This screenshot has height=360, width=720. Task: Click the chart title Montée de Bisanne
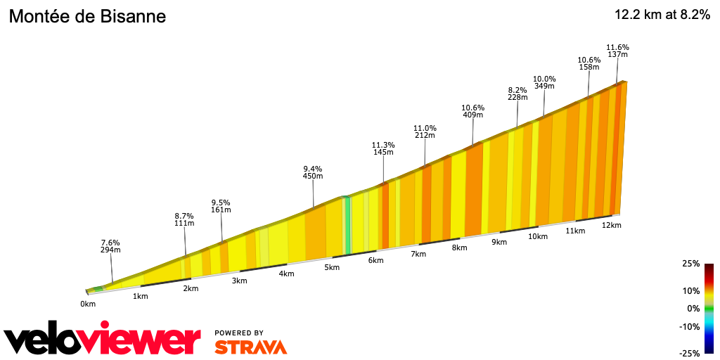(x=87, y=17)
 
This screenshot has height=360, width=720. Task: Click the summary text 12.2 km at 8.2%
(x=662, y=15)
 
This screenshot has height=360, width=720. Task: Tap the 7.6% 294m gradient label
(x=111, y=245)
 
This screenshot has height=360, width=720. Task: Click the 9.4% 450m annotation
(x=312, y=172)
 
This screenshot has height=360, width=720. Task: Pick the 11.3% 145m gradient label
(x=383, y=148)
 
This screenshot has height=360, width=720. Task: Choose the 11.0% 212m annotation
(x=425, y=131)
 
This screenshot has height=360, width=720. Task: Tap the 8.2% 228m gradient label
(x=517, y=94)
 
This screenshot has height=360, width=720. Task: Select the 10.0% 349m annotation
(x=544, y=82)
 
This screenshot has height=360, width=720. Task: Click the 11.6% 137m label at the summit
(x=617, y=51)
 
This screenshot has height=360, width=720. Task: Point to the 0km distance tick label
(x=88, y=304)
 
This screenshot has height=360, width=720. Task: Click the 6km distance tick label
(x=375, y=260)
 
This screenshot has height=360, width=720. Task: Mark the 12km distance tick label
(x=612, y=225)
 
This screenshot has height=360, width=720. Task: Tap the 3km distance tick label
(x=239, y=281)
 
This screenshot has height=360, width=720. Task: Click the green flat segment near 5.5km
(x=347, y=225)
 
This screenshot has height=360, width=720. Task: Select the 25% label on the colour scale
(x=691, y=264)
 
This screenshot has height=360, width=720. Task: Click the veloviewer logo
(x=102, y=340)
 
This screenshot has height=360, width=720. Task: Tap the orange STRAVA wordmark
(x=250, y=347)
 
